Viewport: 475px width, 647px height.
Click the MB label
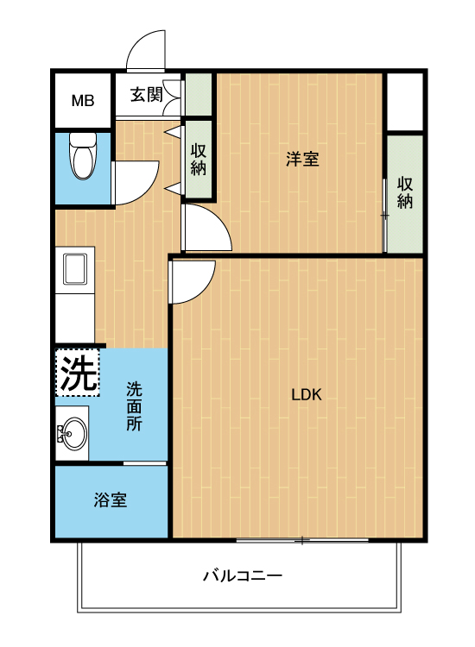click(83, 100)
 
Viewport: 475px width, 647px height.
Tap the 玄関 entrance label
click(146, 95)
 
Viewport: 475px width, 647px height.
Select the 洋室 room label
click(302, 159)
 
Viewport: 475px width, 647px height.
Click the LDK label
click(306, 395)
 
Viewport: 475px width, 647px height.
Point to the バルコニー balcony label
click(243, 575)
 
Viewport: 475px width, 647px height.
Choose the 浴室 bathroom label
click(110, 499)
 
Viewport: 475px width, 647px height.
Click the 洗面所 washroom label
click(134, 406)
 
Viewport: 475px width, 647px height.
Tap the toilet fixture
click(83, 155)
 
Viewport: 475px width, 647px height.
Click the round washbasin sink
click(73, 434)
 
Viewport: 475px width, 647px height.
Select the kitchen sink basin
click(75, 269)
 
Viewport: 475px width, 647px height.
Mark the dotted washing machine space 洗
click(78, 373)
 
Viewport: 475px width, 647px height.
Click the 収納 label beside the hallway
click(199, 160)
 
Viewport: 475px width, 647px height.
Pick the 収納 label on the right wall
click(405, 192)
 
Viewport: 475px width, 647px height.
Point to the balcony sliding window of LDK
click(302, 540)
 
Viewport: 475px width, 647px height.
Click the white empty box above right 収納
click(405, 102)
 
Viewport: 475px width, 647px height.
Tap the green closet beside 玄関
click(199, 95)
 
